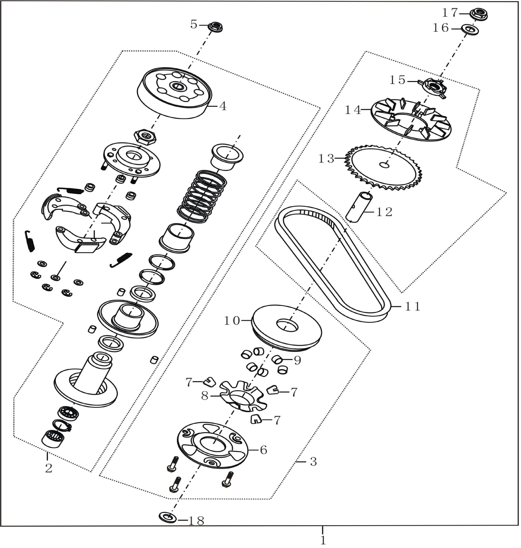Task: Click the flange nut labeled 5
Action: pos(215,27)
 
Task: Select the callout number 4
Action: pos(223,106)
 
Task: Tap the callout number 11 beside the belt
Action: pos(413,307)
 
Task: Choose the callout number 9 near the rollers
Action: pos(297,361)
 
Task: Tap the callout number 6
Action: pos(263,450)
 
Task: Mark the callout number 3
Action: pos(313,462)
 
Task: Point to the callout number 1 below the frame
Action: pos(323,540)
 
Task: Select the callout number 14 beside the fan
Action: pos(353,110)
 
